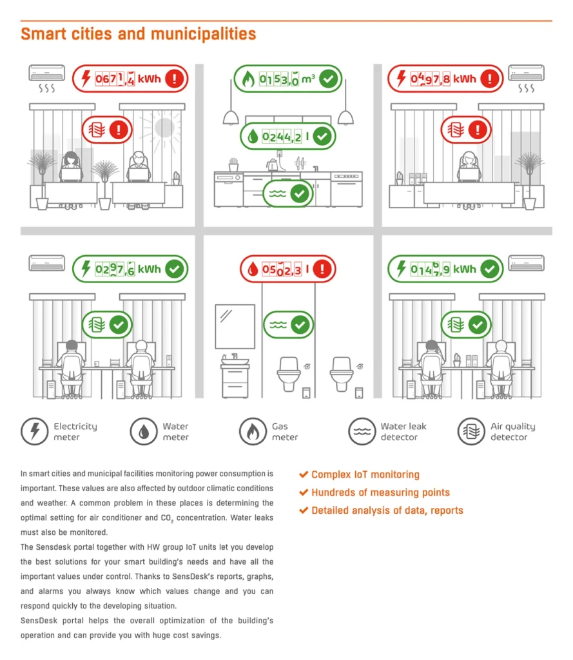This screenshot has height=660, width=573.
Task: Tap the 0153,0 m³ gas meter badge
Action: [x=288, y=79]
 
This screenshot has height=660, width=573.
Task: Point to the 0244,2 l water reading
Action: [x=288, y=137]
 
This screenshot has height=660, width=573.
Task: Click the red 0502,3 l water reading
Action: [x=288, y=269]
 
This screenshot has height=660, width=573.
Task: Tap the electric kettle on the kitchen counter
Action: [x=273, y=164]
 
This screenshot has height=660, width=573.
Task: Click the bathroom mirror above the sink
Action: [x=235, y=327]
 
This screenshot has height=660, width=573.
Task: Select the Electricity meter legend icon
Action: [x=35, y=431]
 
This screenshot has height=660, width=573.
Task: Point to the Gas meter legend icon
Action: [x=253, y=431]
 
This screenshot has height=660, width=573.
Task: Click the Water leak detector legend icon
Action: [x=362, y=431]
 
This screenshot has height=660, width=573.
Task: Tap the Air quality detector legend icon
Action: [x=472, y=431]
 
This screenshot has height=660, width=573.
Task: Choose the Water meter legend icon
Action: [x=144, y=431]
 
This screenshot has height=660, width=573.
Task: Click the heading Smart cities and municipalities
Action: [x=139, y=34]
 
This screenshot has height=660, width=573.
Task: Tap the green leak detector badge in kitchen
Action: [x=288, y=194]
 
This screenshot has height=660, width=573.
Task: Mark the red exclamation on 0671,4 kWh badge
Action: [x=174, y=79]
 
